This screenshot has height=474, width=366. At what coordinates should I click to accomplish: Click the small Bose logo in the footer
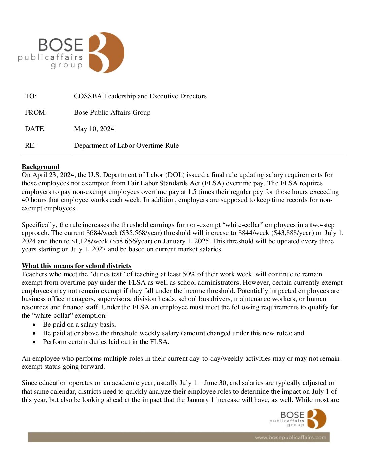tap(316, 418)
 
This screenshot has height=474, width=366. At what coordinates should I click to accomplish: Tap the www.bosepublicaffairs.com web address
tap(290, 437)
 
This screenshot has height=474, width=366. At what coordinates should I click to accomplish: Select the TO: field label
tap(30, 96)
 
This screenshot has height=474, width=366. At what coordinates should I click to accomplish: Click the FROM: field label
tap(36, 113)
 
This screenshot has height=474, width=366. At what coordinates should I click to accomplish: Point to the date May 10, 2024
tap(94, 129)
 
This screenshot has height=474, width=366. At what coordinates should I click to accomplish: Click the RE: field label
tap(30, 146)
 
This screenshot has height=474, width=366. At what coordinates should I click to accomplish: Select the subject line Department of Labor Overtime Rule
tap(126, 146)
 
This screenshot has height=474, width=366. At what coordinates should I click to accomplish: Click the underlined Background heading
tap(40, 167)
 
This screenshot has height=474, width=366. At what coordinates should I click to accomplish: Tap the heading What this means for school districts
tap(76, 266)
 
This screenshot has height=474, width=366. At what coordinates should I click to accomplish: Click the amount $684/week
tap(102, 233)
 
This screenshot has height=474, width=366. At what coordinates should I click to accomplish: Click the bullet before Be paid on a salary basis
tap(34, 325)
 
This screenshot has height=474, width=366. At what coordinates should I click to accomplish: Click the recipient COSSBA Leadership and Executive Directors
tap(140, 96)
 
